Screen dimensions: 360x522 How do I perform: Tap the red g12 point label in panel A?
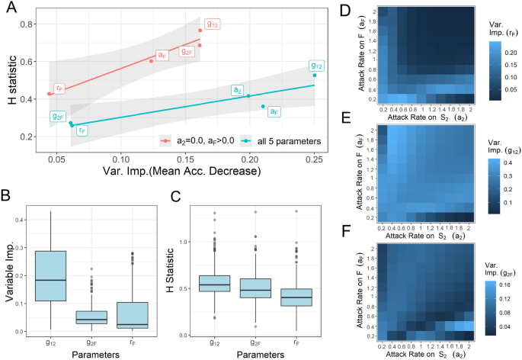213,24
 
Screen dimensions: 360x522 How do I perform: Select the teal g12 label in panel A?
318,66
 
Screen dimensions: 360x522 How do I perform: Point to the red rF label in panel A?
60,88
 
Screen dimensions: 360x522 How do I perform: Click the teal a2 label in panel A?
238,91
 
